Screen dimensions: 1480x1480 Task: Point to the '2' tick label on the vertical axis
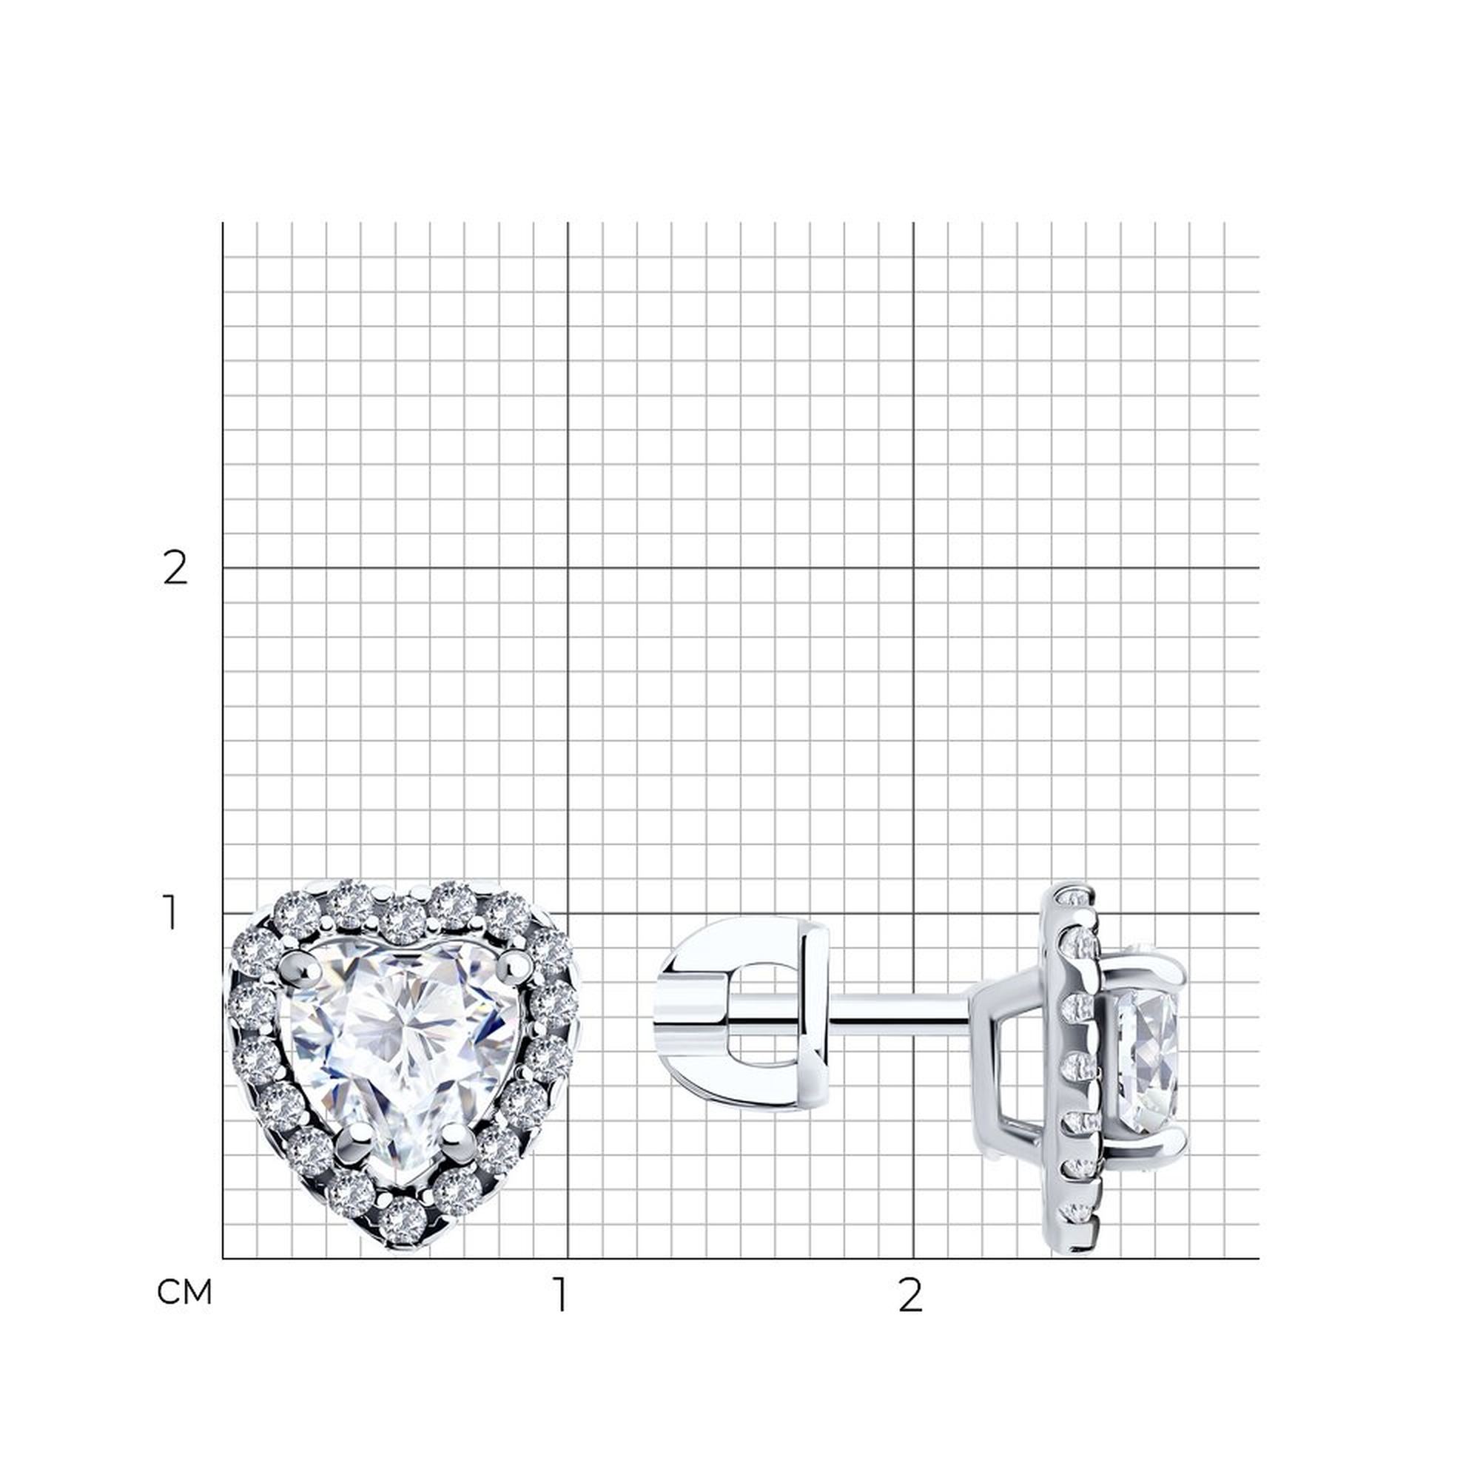(x=175, y=568)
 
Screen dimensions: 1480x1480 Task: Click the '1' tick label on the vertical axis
(x=172, y=913)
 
